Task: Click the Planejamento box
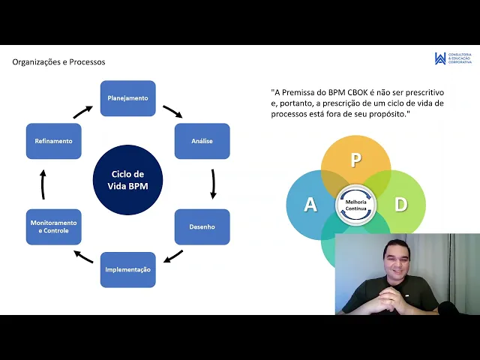coord(127,98)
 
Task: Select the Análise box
coord(202,141)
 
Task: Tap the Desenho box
coord(202,226)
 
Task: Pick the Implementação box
coord(127,269)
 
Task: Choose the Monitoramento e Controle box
coord(53,226)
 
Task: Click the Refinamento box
coord(53,141)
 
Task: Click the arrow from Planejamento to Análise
coord(172,112)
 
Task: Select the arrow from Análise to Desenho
coord(213,183)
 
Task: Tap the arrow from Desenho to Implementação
coord(173,256)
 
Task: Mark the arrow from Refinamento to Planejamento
coord(82,112)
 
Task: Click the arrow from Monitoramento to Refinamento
coord(43,184)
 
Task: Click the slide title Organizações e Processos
coord(58,62)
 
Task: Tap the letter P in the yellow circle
coord(356,160)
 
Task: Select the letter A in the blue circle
coord(310,204)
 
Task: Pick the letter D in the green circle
coord(401,204)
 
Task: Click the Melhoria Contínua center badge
coord(356,205)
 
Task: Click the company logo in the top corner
coord(440,58)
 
